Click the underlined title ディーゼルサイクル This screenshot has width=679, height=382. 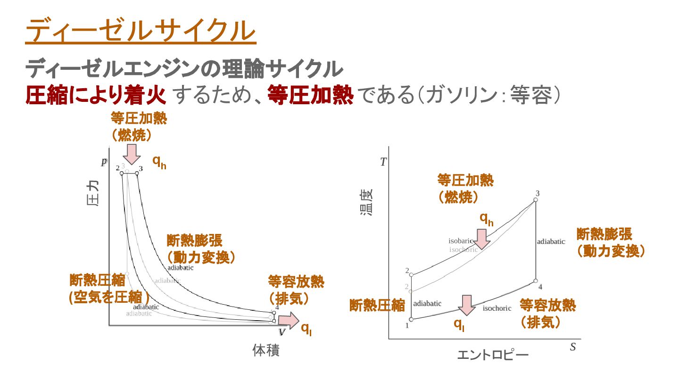tap(141, 31)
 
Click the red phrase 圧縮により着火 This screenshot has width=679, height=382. tap(96, 96)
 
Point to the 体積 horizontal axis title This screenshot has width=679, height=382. tap(266, 351)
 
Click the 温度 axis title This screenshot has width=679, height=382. tap(366, 203)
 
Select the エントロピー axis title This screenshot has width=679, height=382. tap(492, 355)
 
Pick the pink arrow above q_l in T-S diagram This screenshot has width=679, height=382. tap(467, 305)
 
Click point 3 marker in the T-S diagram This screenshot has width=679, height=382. tap(535, 200)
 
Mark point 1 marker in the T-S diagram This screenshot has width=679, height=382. tap(411, 320)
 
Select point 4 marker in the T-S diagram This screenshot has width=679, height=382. tap(536, 281)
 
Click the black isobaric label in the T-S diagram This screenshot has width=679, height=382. tap(460, 241)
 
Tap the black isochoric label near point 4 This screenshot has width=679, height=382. tap(497, 308)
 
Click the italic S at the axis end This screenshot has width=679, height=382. tap(573, 348)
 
